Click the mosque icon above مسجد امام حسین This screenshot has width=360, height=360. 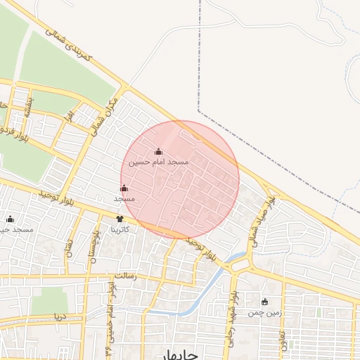point(158,151)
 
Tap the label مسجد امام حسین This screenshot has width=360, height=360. point(158,162)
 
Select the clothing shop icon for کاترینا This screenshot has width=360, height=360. point(119,219)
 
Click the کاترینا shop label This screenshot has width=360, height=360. point(120,229)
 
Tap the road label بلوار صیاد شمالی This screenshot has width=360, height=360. point(263,215)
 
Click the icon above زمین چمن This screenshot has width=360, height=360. point(264,302)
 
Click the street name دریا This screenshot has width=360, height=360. point(60,317)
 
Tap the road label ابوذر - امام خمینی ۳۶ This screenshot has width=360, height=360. point(109,309)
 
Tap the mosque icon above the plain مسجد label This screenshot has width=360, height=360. point(124,188)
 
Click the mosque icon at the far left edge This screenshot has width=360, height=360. point(10,219)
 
